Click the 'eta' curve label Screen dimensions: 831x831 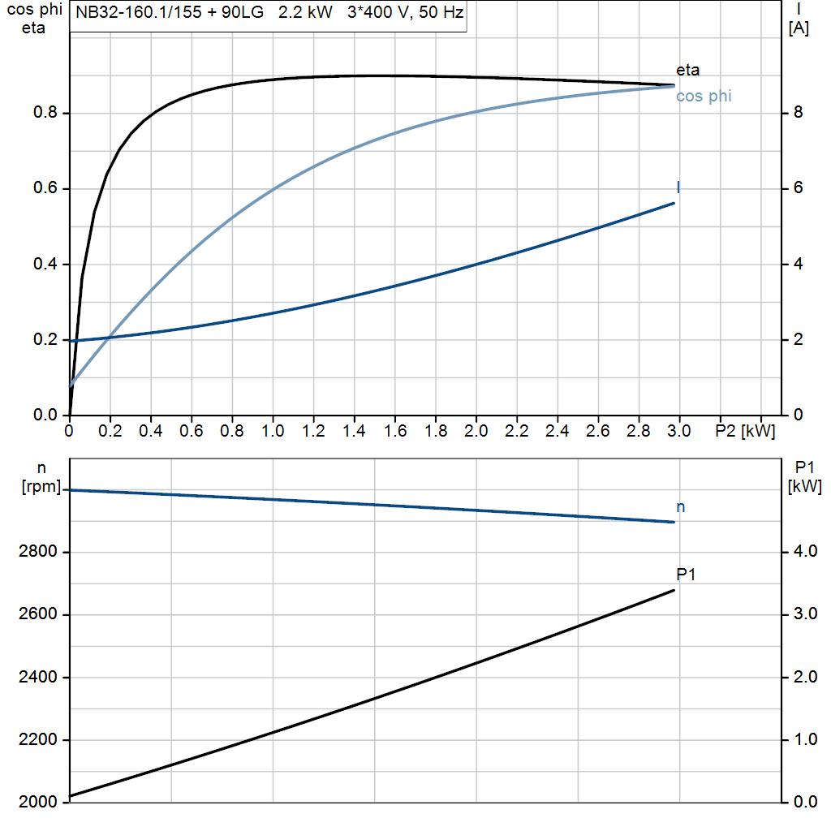[687, 70]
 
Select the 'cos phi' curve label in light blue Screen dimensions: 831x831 [704, 97]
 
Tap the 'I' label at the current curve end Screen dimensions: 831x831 [678, 187]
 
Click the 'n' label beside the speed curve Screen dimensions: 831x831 [680, 507]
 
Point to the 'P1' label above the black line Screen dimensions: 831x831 [687, 575]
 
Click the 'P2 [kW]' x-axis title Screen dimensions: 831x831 [745, 431]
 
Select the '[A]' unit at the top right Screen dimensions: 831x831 [799, 28]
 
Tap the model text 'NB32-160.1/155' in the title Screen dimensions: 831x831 [130, 13]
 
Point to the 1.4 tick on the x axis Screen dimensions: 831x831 [354, 431]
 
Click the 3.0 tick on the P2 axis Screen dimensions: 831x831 [678, 431]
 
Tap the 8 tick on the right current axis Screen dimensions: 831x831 [799, 113]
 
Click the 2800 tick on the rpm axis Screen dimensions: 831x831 [37, 552]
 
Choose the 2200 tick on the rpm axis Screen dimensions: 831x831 [37, 740]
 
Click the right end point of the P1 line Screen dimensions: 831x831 [674, 590]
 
